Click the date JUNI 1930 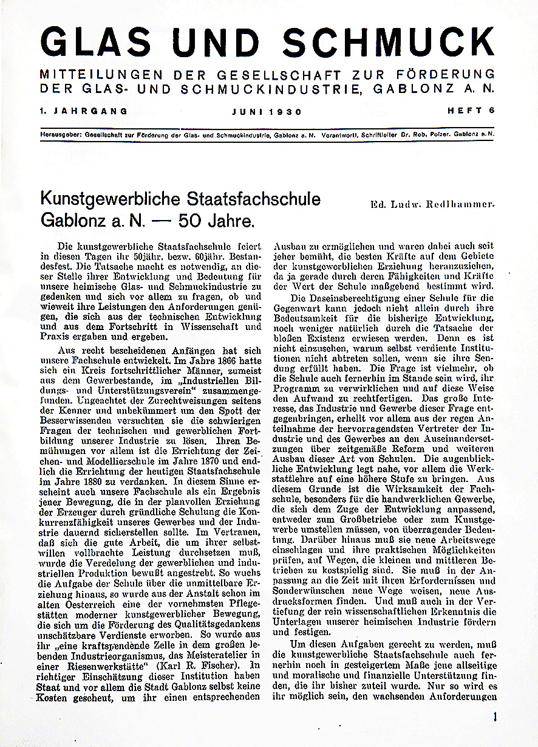click(267, 112)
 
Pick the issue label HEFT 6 click(471, 111)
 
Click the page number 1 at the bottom click(495, 717)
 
